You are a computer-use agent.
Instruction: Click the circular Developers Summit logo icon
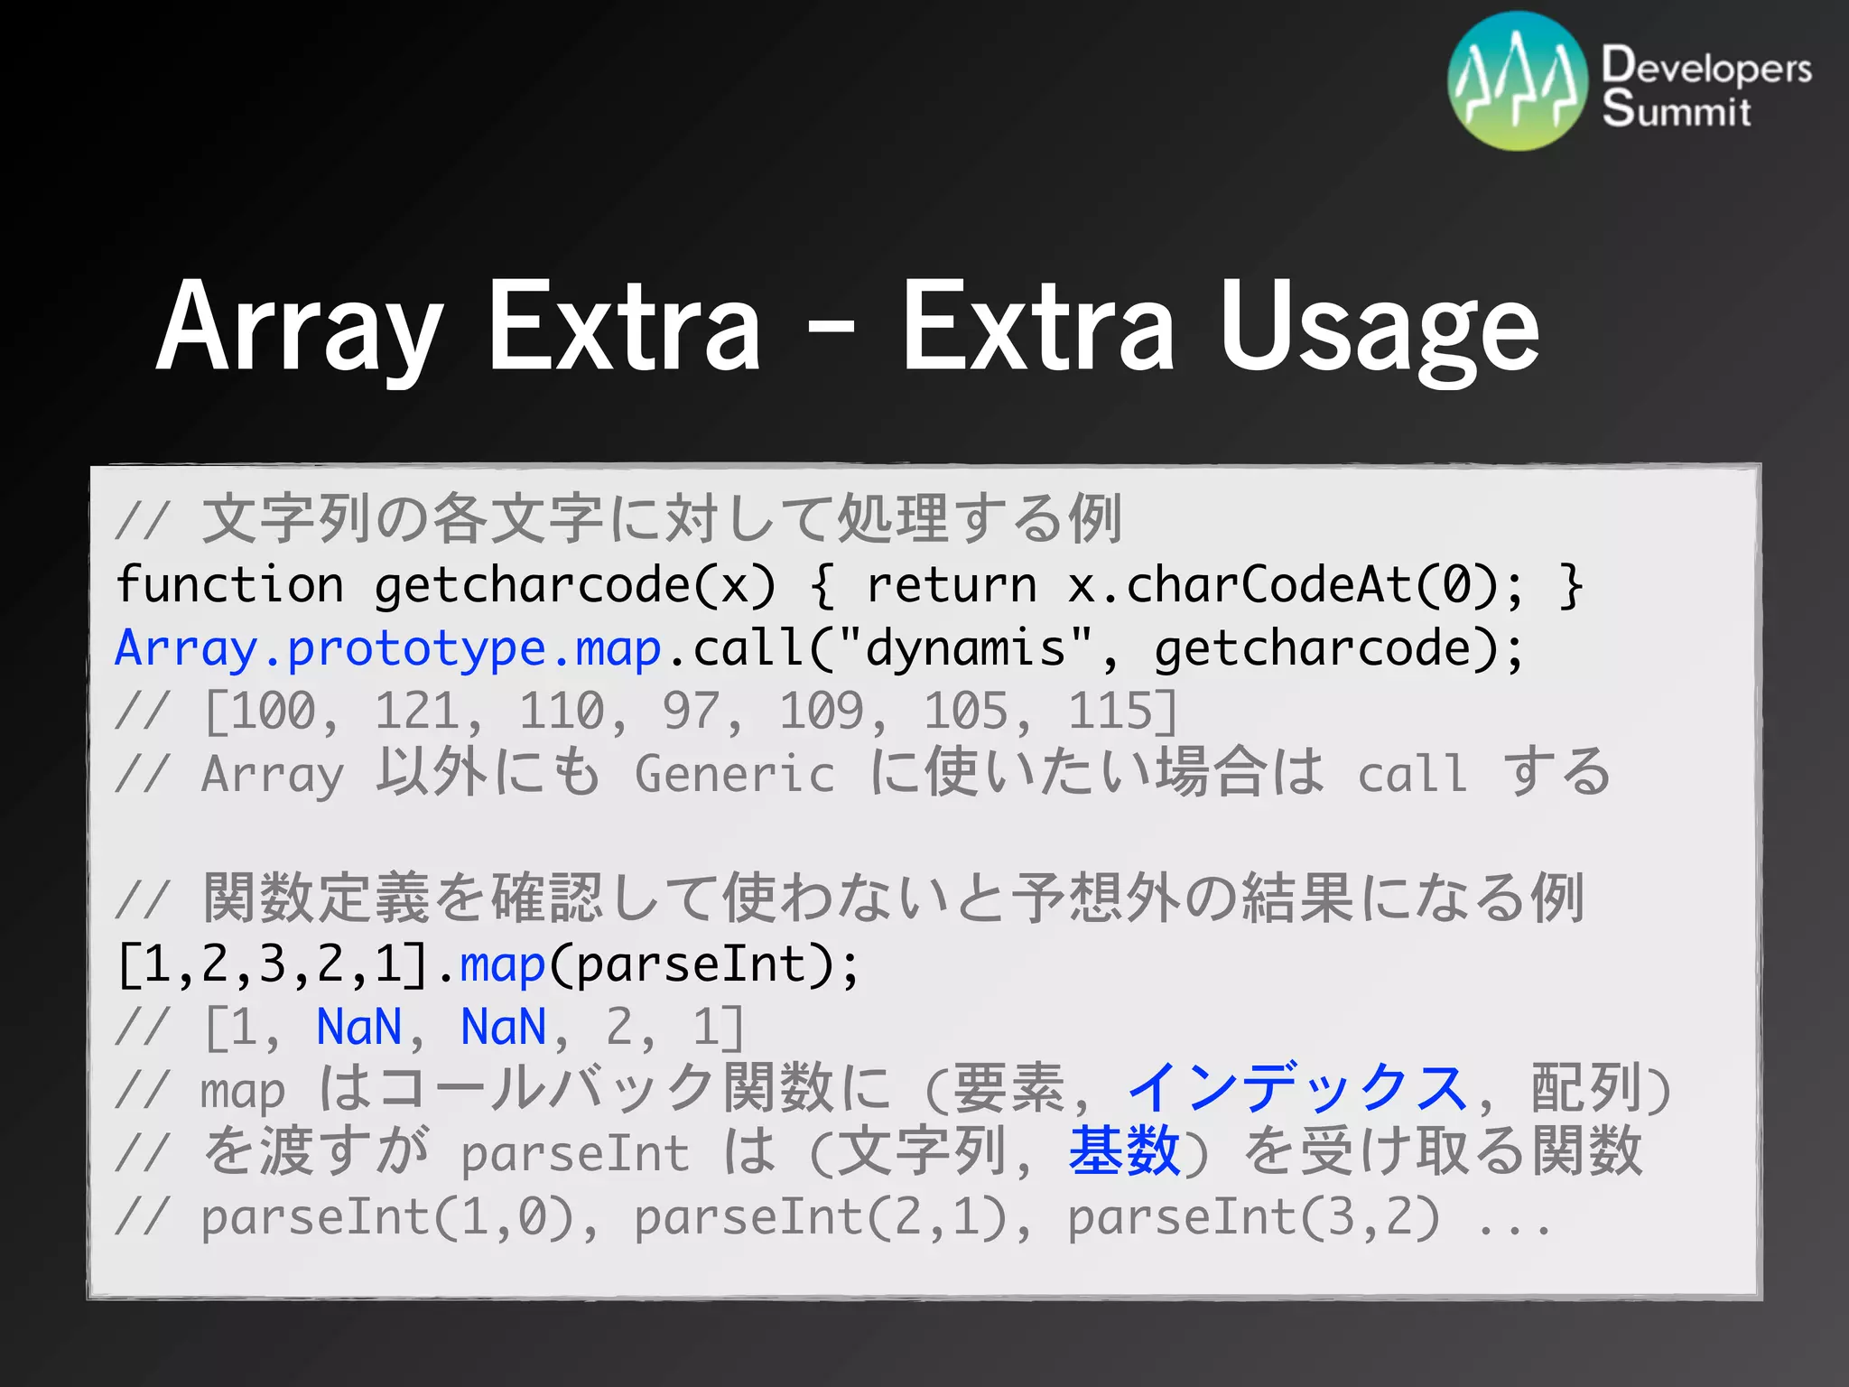1517,81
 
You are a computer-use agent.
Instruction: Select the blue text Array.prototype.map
388,649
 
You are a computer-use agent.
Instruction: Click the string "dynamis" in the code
965,649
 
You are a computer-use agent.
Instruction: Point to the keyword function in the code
230,585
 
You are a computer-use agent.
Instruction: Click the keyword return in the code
951,585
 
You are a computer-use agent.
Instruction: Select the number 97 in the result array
691,712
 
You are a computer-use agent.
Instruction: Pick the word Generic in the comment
734,775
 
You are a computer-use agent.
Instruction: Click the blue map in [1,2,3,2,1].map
502,964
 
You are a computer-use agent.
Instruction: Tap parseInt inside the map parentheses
691,964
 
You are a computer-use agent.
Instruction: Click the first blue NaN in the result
358,1028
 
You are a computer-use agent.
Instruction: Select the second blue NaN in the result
503,1028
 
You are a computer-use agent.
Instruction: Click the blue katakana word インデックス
1297,1089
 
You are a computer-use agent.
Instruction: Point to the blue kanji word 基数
1124,1152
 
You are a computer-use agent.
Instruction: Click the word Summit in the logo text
1676,110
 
